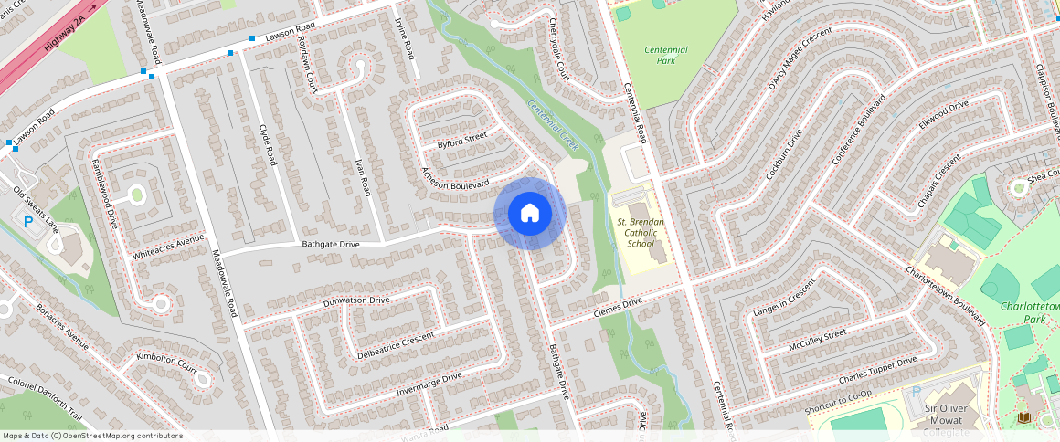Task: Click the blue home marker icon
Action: tap(530, 214)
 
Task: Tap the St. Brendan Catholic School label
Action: tap(641, 233)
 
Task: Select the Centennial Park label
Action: tap(666, 55)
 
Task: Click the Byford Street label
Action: tap(462, 141)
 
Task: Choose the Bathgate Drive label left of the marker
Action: tap(331, 244)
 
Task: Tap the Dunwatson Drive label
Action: tap(356, 300)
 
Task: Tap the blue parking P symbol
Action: tap(28, 221)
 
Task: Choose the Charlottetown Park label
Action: tap(1030, 313)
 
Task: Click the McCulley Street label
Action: tap(817, 342)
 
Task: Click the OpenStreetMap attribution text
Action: tap(92, 436)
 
